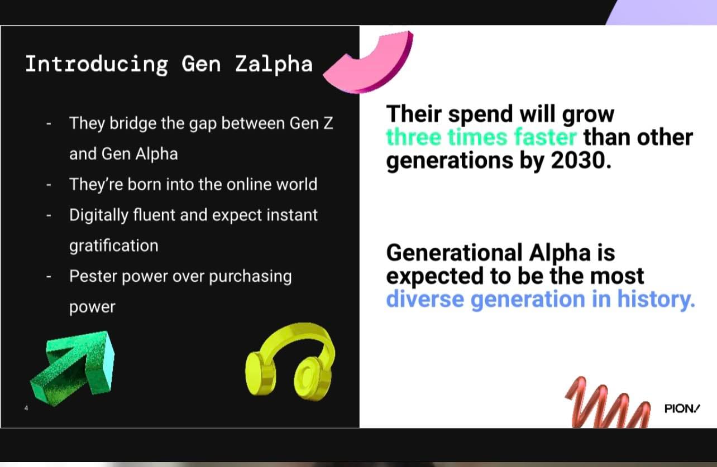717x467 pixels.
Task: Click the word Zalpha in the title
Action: [x=274, y=65]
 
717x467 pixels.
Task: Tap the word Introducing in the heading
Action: [x=97, y=65]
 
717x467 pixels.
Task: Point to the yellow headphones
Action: [x=290, y=362]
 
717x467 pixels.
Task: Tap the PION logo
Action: [x=682, y=408]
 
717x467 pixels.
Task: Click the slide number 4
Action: [x=26, y=408]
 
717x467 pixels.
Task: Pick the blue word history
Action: [x=656, y=300]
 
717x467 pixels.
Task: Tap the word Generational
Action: [x=455, y=253]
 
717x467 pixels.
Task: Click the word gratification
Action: [x=114, y=246]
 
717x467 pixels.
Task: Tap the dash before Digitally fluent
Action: [x=49, y=215]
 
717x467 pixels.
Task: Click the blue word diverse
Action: [x=425, y=299]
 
